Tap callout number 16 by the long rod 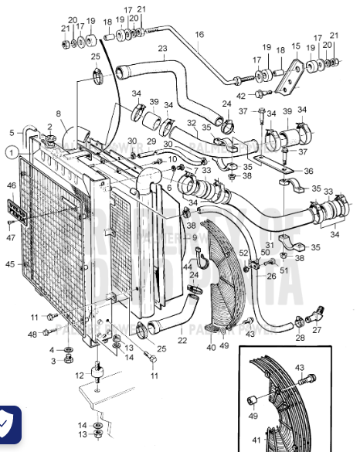pos(199,35)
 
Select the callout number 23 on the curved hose pos(162,49)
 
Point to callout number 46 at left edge pos(11,185)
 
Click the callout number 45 pos(11,264)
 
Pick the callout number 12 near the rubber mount pos(80,376)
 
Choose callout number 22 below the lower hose pos(182,340)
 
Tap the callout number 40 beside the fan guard pos(211,347)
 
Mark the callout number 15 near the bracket pos(295,46)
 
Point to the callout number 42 pos(241,95)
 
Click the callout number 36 pos(309,171)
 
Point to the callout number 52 pos(244,252)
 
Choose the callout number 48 pos(32,334)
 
